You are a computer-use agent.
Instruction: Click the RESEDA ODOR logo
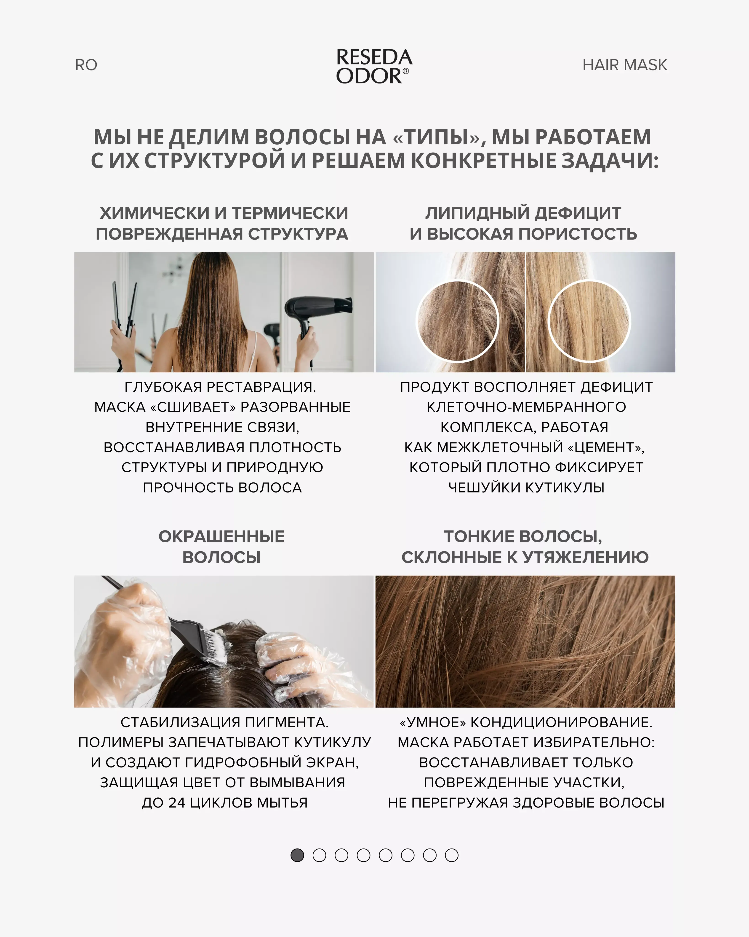374,67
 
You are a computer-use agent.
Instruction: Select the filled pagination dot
297,855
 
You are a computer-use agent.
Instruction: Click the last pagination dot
452,855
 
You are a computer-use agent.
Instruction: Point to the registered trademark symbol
405,71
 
